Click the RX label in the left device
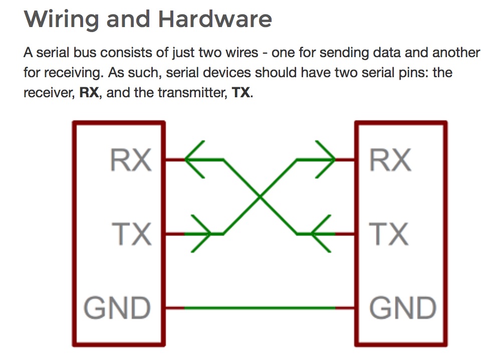click(130, 160)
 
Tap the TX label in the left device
click(131, 234)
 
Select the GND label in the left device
click(117, 307)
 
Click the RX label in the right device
click(390, 160)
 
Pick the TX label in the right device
click(388, 234)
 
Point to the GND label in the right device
click(402, 307)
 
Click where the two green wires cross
click(260, 197)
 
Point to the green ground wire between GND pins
click(260, 307)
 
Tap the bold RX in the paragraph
click(90, 93)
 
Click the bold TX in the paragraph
click(241, 93)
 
